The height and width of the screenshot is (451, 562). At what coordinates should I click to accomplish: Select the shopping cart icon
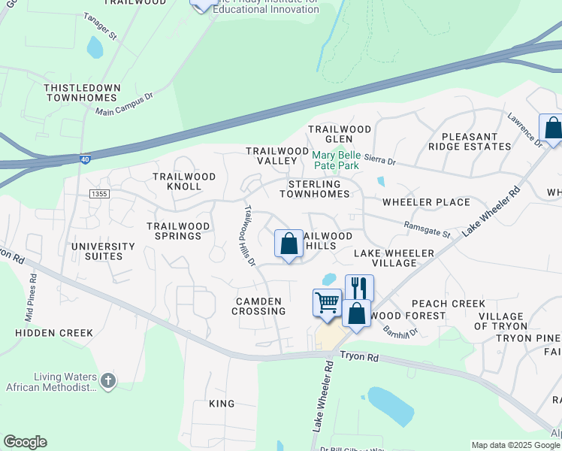(x=327, y=303)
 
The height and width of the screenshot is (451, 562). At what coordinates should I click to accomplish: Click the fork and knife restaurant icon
(x=359, y=287)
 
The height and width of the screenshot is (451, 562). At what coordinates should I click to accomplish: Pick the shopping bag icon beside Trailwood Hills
(x=289, y=244)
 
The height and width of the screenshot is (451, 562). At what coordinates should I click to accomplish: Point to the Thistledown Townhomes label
(x=82, y=93)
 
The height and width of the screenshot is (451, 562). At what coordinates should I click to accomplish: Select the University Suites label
(x=103, y=251)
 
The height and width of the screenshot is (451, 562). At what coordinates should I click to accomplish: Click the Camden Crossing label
(x=260, y=306)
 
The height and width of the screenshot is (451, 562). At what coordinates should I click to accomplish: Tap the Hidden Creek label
(x=54, y=333)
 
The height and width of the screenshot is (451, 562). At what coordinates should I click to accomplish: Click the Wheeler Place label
(x=426, y=202)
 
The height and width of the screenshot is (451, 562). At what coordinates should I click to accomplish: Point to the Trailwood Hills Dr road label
(x=249, y=235)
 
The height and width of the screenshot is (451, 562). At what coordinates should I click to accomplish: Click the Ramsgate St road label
(x=426, y=229)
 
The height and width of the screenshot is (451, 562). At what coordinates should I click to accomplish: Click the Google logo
(x=25, y=442)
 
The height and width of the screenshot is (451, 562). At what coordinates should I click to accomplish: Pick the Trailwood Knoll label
(x=184, y=181)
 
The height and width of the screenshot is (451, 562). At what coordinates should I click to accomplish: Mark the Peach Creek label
(x=448, y=304)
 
